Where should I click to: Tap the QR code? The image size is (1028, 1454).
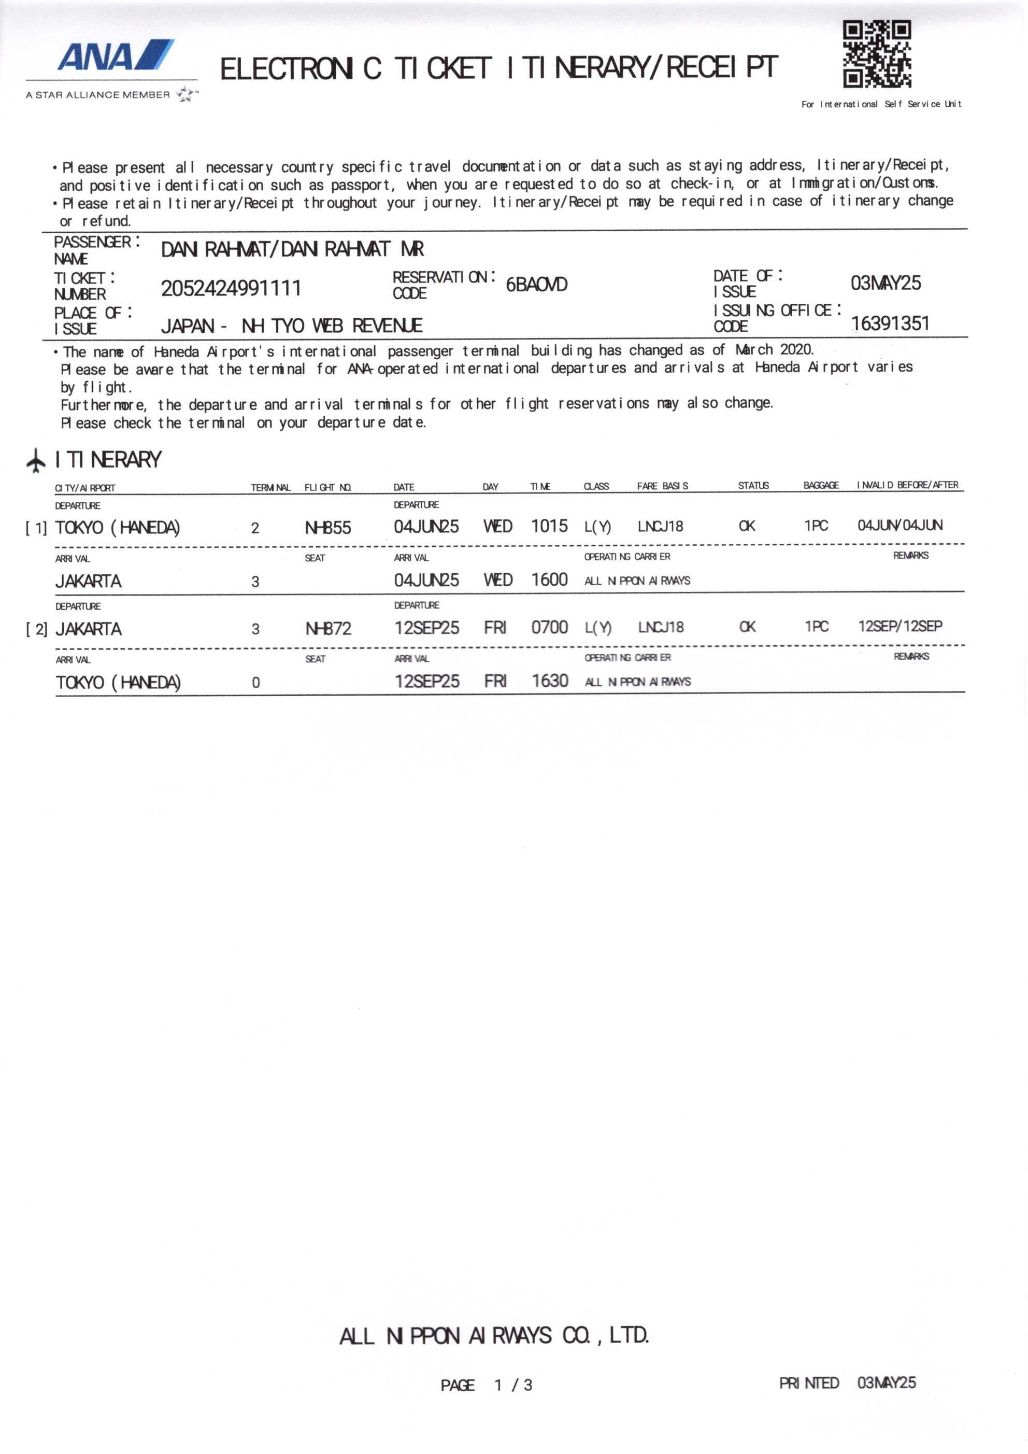[876, 54]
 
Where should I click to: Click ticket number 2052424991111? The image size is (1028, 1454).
[231, 289]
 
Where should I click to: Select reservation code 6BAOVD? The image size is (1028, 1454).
[536, 285]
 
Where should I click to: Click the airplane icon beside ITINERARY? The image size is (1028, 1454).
[36, 460]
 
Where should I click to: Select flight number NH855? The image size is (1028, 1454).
[328, 528]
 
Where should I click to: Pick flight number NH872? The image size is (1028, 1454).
[328, 628]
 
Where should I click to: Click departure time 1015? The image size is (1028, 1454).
[549, 526]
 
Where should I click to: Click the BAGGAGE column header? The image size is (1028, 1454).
[821, 485]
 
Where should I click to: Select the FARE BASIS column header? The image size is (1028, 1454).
[662, 486]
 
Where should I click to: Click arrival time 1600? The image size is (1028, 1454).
[549, 580]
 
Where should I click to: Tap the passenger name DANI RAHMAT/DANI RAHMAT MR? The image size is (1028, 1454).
[292, 249]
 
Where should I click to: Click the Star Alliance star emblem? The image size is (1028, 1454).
[185, 95]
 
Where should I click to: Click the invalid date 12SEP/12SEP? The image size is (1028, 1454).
[900, 626]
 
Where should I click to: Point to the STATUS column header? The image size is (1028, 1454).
[753, 486]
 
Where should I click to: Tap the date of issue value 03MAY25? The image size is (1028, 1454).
[885, 283]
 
